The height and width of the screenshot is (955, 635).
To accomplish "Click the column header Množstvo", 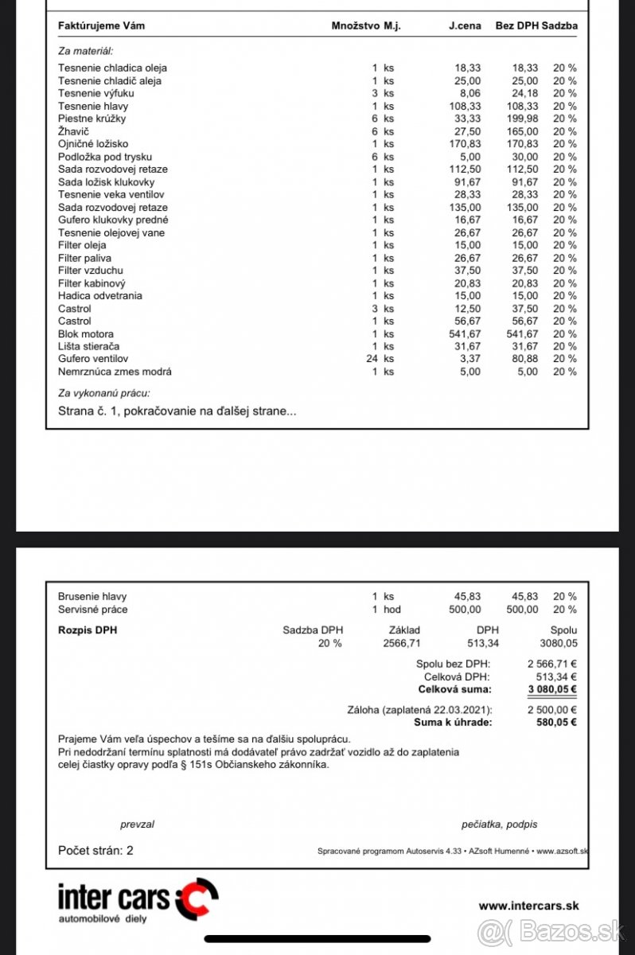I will tap(354, 25).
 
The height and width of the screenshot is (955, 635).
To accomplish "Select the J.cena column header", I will tap(465, 25).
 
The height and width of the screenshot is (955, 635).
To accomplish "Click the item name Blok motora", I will tap(86, 333).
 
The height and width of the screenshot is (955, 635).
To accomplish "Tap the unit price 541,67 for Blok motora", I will tap(465, 333).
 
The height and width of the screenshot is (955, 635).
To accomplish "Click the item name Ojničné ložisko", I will tap(93, 144).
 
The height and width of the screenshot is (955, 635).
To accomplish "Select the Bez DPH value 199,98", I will tap(522, 119).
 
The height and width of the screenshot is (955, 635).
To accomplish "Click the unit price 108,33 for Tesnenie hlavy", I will tap(465, 106).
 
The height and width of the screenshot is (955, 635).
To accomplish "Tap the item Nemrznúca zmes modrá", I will tap(115, 372).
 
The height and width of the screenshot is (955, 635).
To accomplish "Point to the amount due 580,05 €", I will tap(556, 722).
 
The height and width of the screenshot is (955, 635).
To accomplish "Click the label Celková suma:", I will tap(454, 689).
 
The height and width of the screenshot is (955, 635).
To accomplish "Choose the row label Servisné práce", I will tap(93, 610).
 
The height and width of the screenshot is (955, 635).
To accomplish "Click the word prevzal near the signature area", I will tap(137, 824).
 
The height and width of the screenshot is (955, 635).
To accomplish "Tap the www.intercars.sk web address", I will tap(528, 906).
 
